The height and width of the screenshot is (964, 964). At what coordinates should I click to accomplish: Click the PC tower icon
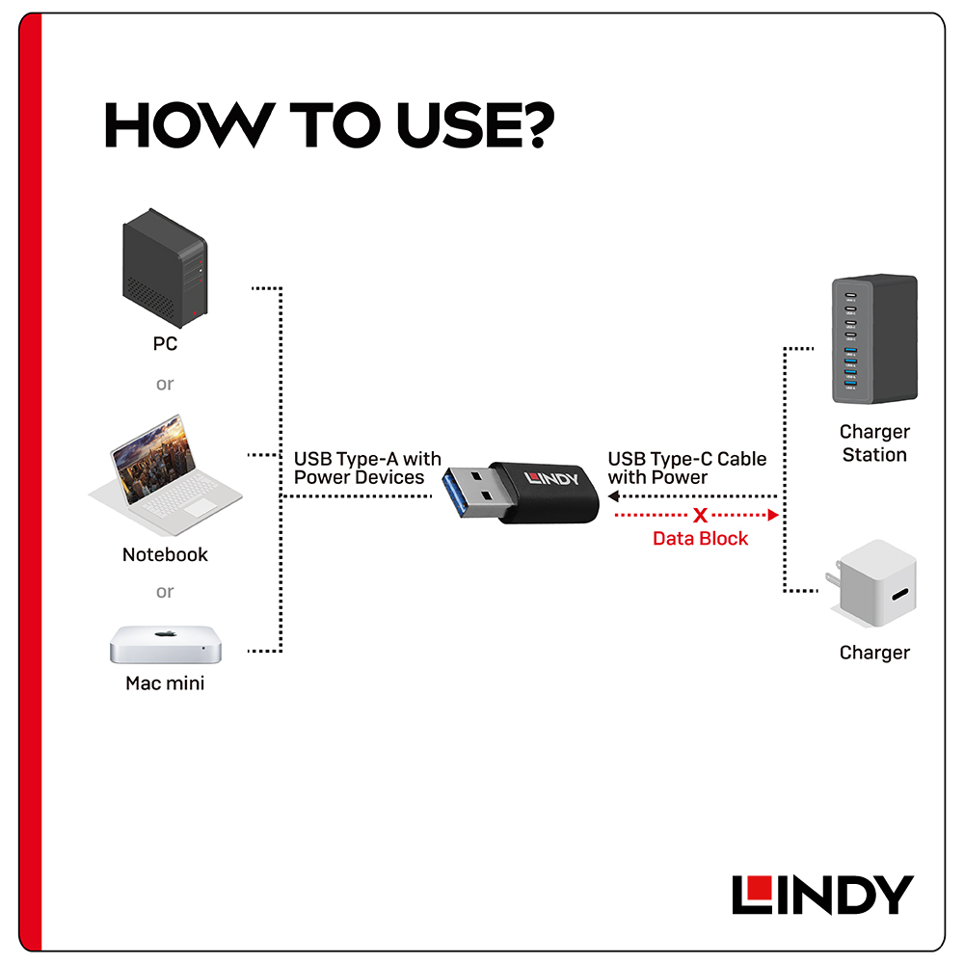(165, 267)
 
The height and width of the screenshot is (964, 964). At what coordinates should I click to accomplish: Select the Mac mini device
(166, 644)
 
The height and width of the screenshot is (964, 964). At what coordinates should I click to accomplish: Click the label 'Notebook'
(165, 554)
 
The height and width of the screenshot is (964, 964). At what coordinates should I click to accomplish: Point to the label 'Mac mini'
(165, 683)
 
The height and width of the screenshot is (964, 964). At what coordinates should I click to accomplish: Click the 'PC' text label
(165, 344)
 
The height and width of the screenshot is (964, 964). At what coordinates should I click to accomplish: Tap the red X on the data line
(700, 515)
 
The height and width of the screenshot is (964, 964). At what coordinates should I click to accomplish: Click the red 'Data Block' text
(700, 539)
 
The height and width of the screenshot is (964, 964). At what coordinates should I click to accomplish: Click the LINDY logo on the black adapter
(551, 478)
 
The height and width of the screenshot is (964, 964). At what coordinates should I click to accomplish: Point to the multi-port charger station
(874, 338)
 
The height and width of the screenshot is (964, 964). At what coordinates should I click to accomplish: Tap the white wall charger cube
(873, 583)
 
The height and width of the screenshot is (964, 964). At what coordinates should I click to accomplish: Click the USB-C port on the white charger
(900, 595)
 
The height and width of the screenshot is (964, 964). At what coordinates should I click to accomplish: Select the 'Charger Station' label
(874, 442)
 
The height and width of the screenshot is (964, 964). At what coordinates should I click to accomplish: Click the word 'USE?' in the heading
(474, 125)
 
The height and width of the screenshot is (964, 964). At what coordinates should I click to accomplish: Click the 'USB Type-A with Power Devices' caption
(367, 468)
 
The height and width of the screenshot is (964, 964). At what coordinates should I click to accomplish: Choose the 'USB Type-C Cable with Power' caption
(686, 468)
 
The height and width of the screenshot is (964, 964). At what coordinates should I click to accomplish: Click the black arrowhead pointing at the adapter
(613, 496)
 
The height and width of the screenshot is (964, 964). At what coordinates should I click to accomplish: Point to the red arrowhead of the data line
(774, 515)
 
